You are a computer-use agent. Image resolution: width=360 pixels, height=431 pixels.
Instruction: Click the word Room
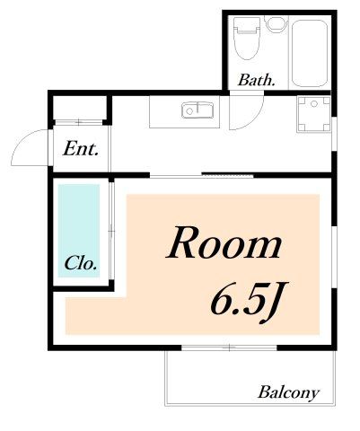pos(224,244)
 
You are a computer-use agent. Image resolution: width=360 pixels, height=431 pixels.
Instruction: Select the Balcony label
pos(288,392)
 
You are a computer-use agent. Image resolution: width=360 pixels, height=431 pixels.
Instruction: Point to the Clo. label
pos(81,265)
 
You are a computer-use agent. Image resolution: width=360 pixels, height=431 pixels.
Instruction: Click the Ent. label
pos(81,149)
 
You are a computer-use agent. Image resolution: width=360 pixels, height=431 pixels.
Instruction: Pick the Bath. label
pos(256,81)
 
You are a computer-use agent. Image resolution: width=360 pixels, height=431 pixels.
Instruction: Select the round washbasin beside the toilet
pos(274,24)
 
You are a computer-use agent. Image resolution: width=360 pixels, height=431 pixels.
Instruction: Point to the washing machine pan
pos(312,114)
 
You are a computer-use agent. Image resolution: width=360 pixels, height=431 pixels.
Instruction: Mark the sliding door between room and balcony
pos(228,347)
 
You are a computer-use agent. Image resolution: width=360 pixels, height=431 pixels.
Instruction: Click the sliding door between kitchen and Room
pos(203,173)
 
